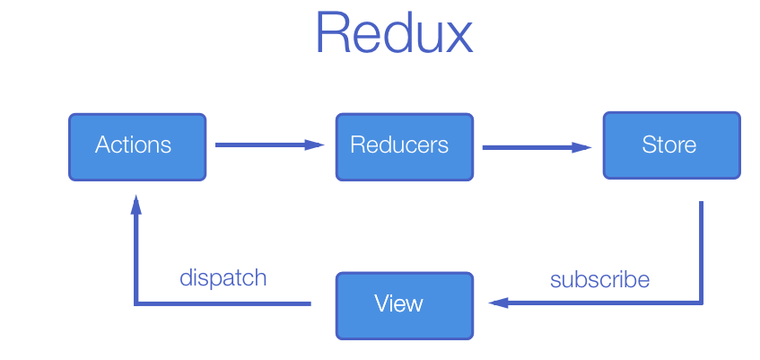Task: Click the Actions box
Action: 137,146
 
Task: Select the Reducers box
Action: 404,146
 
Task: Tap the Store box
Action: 671,145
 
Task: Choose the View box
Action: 404,305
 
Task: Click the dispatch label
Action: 223,277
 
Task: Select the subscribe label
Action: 599,279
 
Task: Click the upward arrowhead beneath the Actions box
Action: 135,206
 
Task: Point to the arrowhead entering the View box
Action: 496,303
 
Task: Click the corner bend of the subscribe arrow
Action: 701,303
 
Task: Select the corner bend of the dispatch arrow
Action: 135,303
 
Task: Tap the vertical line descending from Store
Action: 701,251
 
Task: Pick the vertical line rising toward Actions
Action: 135,260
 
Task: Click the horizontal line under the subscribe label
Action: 601,303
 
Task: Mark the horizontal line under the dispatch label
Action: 224,303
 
